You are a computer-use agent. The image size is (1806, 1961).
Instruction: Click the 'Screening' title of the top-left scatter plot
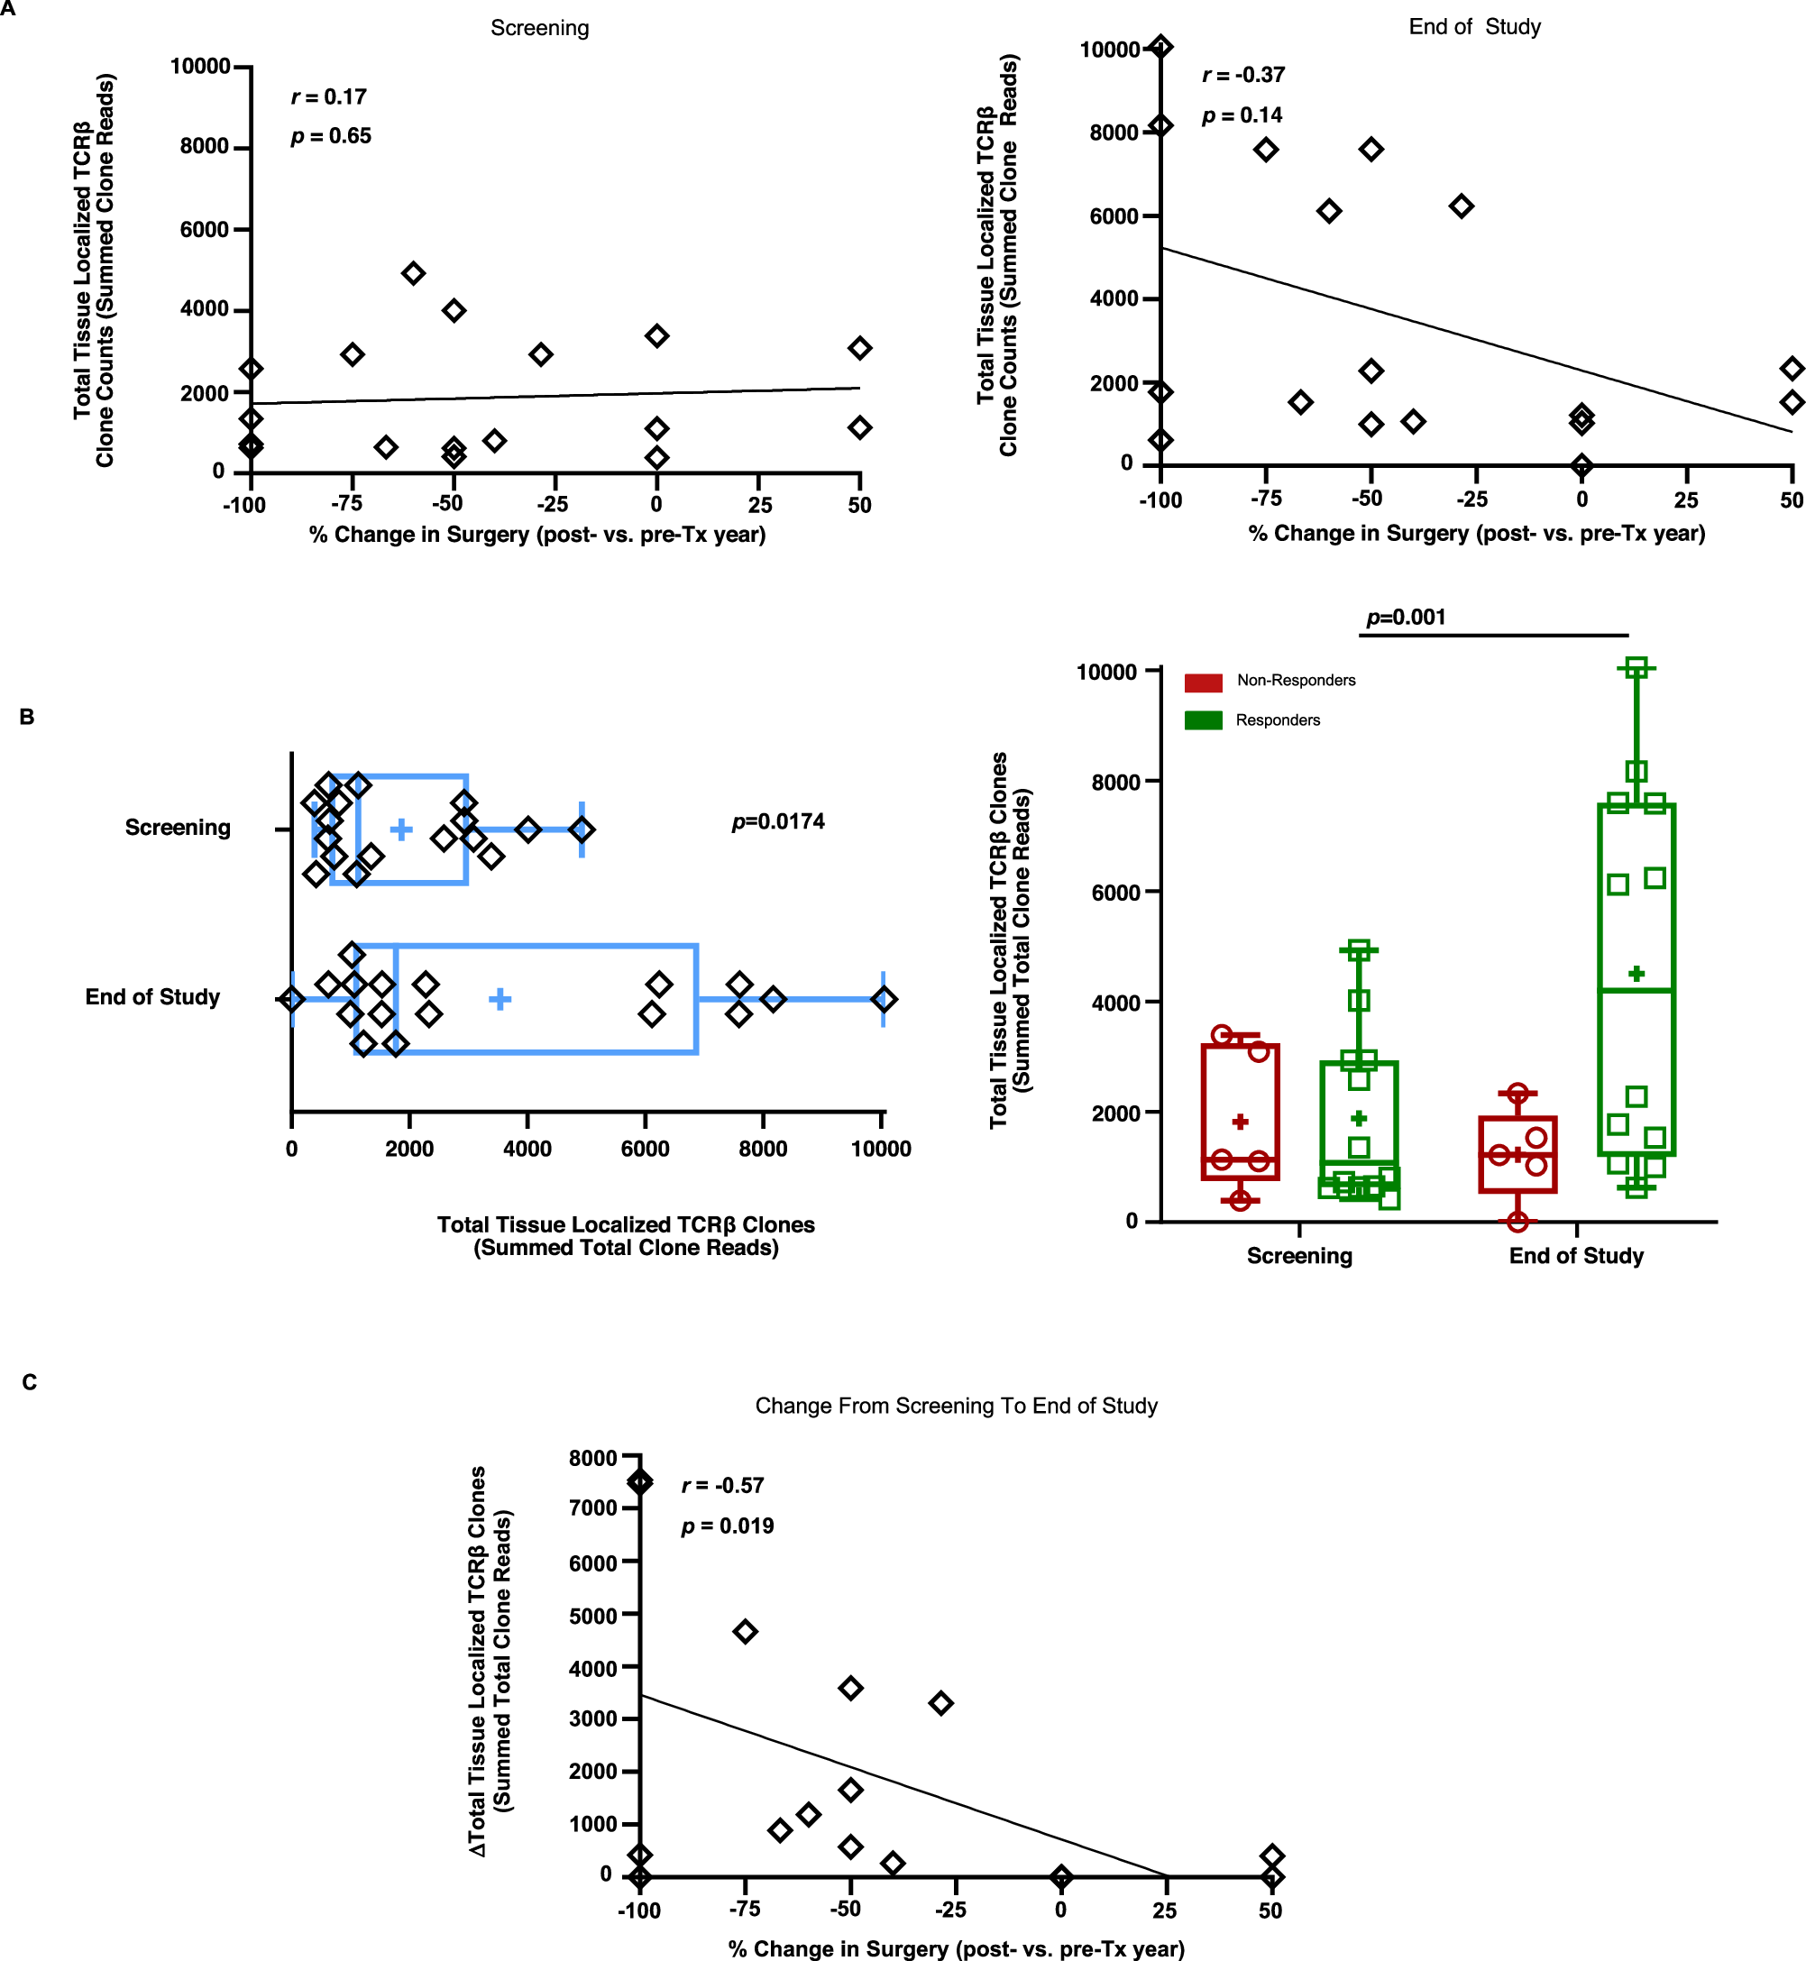[x=539, y=27]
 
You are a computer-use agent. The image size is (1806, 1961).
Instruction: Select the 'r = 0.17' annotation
[x=328, y=96]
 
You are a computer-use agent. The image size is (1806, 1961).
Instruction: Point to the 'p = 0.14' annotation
[x=1242, y=115]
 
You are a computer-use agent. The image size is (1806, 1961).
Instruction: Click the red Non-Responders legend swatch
[x=1203, y=681]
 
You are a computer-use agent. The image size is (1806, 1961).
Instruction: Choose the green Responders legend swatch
[x=1203, y=720]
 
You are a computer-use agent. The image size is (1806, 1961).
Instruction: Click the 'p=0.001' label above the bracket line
[x=1406, y=617]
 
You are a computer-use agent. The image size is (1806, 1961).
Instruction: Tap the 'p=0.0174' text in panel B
[x=778, y=820]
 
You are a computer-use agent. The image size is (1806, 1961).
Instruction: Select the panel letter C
[x=30, y=1381]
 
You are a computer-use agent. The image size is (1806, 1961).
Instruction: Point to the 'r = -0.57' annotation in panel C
[x=722, y=1485]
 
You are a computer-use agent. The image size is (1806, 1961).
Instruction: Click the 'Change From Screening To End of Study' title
[x=956, y=1405]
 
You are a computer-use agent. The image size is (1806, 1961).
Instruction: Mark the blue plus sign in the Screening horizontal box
[x=400, y=829]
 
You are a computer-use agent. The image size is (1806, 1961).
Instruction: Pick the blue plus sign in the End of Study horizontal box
[x=500, y=999]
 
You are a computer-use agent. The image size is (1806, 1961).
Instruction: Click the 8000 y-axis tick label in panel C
[x=592, y=1458]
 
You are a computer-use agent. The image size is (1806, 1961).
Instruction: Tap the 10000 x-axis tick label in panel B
[x=881, y=1149]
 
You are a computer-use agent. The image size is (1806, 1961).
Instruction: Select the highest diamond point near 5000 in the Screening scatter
[x=413, y=272]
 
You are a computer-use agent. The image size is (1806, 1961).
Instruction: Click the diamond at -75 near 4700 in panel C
[x=745, y=1631]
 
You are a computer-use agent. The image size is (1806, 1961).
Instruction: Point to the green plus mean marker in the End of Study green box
[x=1636, y=973]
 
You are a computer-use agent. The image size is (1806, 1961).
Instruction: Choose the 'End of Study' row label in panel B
[x=152, y=996]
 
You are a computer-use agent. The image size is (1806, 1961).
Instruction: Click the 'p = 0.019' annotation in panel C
[x=727, y=1526]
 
